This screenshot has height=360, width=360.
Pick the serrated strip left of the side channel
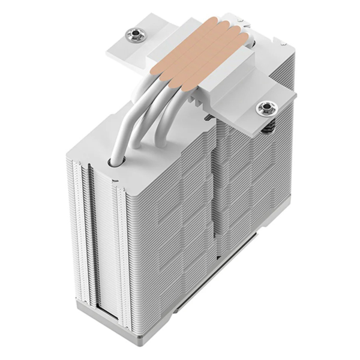tap(75, 234)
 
